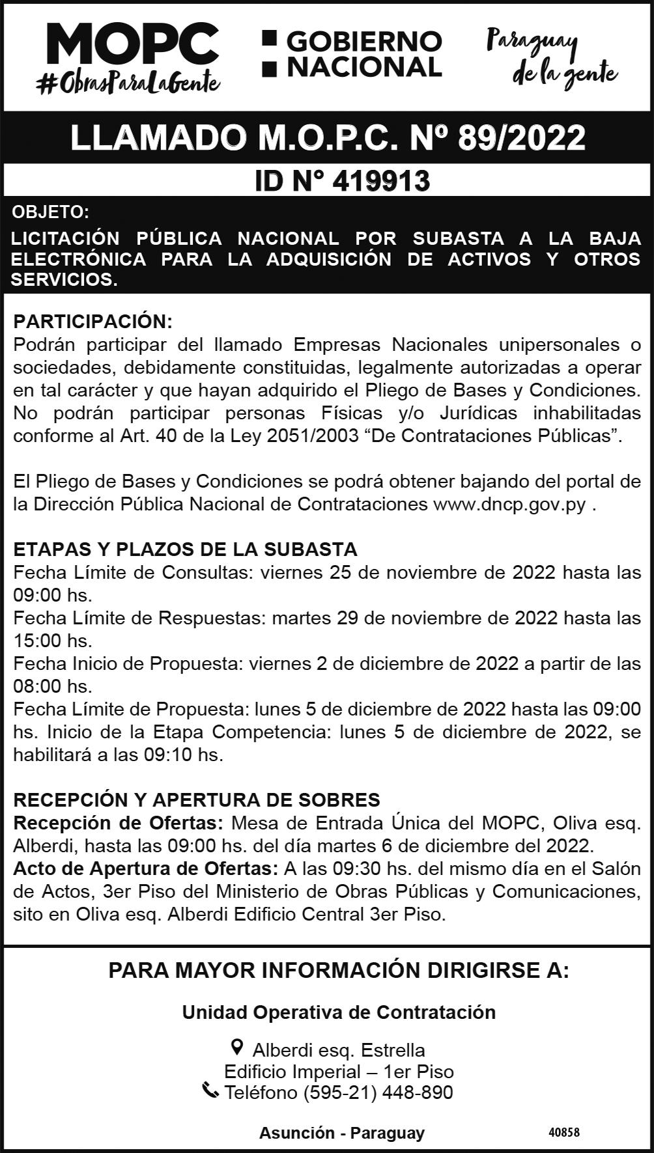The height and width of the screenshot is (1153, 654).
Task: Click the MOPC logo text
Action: (x=132, y=44)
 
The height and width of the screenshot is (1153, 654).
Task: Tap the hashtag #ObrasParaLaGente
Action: (x=128, y=83)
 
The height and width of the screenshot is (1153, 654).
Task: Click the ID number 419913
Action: (x=380, y=181)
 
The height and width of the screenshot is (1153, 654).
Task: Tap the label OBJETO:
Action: (x=50, y=212)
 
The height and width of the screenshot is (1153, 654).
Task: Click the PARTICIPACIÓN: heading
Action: (x=92, y=322)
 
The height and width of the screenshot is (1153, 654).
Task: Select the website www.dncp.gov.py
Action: (x=509, y=505)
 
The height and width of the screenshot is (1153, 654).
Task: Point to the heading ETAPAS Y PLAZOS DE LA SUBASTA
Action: (x=185, y=549)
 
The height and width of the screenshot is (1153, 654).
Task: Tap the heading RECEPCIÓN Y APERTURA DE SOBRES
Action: (x=197, y=799)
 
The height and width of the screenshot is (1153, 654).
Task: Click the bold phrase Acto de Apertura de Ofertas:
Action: (x=146, y=868)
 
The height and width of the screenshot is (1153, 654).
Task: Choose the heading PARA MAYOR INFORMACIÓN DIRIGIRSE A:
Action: (x=338, y=971)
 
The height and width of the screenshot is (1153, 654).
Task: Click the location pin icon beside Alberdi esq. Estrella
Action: (x=238, y=1048)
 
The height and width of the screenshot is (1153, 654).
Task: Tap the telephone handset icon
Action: (x=210, y=1090)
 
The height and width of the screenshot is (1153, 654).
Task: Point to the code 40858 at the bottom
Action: (x=563, y=1132)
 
